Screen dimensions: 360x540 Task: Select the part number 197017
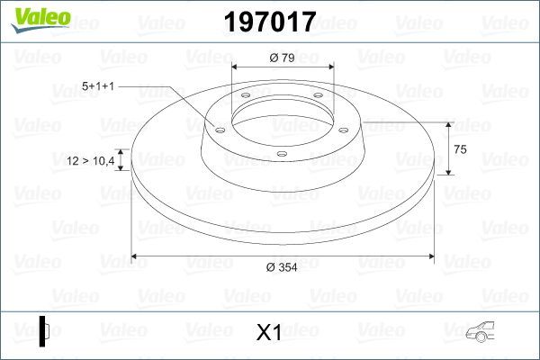pos(269,20)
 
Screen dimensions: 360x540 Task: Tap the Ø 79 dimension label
pos(283,59)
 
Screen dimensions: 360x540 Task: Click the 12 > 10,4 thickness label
pos(91,161)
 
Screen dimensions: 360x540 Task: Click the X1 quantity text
pos(269,333)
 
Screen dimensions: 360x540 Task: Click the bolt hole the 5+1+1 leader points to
pos(219,128)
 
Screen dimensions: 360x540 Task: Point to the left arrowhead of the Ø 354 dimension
pos(137,257)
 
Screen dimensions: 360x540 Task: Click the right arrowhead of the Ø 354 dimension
pos(435,257)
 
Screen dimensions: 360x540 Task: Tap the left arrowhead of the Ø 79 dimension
pos(237,68)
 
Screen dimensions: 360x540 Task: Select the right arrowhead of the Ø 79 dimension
pos(331,68)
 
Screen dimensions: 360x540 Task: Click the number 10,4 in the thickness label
pos(103,161)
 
